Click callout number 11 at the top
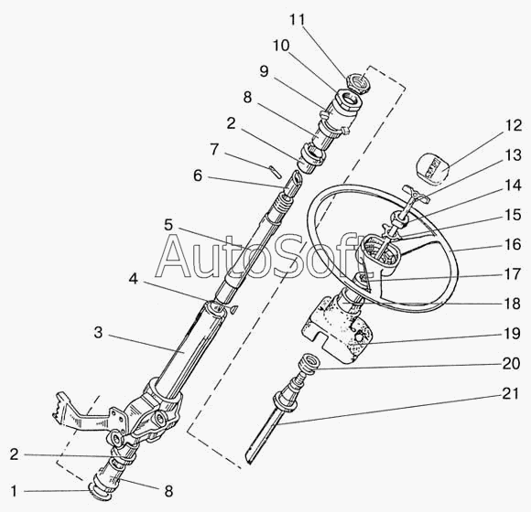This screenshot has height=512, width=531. tap(297, 19)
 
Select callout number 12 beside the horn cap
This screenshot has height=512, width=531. tap(514, 125)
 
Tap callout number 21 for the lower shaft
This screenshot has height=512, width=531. tap(510, 393)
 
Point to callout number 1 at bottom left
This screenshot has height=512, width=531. tap(14, 491)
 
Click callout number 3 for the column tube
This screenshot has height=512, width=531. tap(98, 333)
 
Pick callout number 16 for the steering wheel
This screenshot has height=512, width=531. tap(513, 244)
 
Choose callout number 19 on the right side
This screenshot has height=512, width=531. tap(512, 334)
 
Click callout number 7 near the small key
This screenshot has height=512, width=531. tap(214, 149)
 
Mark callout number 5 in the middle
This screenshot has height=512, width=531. tap(168, 225)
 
